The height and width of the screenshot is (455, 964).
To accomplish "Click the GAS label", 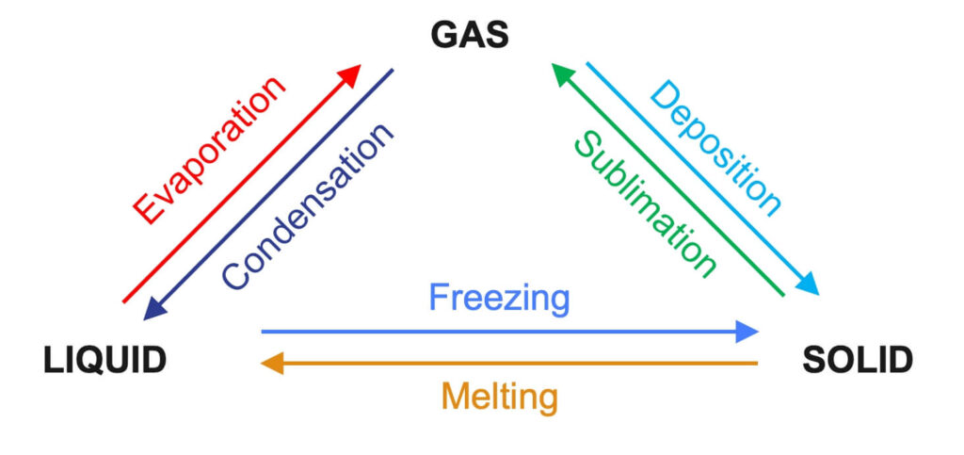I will point(470,35).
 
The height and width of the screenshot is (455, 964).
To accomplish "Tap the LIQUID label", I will point(104,360).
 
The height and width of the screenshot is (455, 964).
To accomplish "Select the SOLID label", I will point(857,360).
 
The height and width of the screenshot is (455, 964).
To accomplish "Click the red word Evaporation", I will point(208,151).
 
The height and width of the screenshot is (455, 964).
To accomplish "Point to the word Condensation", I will point(307,205).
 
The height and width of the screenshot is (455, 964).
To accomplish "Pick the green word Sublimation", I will point(646,203).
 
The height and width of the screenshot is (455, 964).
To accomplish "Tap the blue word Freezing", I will point(499,299).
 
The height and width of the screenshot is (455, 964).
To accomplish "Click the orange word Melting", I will point(499,396).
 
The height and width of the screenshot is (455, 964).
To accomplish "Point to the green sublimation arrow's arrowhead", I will point(563,73).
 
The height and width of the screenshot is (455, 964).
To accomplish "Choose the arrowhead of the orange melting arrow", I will point(271,363).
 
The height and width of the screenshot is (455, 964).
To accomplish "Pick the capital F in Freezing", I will point(439,298).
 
